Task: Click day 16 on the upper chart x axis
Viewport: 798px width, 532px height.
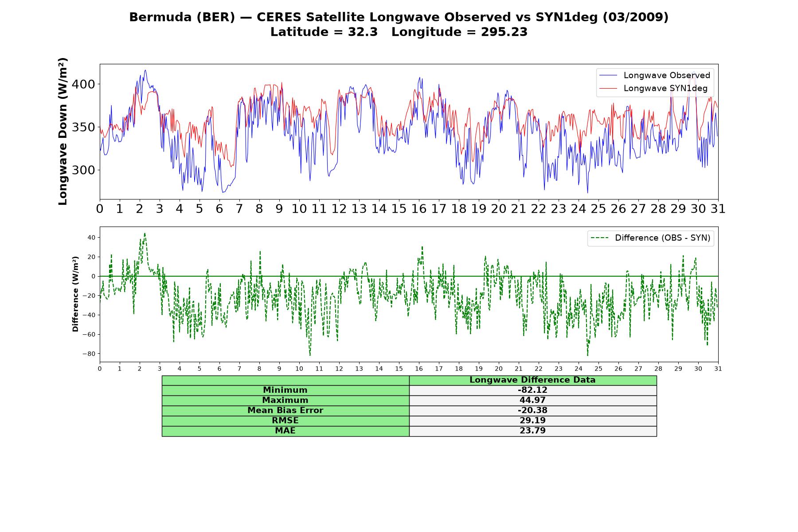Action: click(x=419, y=209)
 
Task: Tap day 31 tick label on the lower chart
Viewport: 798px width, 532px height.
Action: click(x=718, y=368)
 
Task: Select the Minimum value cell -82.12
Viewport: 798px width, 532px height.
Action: click(x=532, y=390)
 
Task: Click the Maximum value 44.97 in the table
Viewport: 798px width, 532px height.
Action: click(x=532, y=400)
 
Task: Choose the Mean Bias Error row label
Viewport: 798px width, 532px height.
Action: click(x=285, y=411)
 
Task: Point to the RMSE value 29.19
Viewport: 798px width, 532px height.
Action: click(x=532, y=421)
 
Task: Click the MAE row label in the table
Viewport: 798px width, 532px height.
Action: click(x=285, y=431)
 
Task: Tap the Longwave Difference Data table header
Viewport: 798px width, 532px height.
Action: click(x=532, y=380)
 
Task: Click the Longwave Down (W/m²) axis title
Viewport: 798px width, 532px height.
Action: click(x=63, y=131)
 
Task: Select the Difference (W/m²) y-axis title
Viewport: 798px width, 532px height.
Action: click(x=75, y=294)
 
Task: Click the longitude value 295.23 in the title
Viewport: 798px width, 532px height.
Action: click(x=504, y=32)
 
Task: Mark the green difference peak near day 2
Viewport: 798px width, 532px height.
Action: click(x=145, y=234)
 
